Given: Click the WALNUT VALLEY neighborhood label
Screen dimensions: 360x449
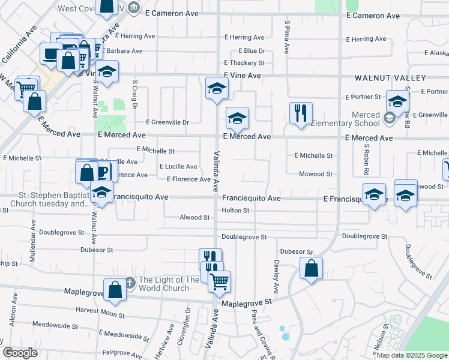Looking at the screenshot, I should (390, 78).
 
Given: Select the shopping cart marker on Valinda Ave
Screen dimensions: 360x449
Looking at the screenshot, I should (220, 280).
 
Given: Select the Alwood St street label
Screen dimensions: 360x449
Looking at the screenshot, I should (194, 217).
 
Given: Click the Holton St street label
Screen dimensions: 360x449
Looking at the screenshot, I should (235, 211).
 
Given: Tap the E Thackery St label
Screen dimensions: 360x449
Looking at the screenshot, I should (244, 63).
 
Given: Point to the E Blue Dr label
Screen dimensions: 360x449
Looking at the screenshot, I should (252, 51).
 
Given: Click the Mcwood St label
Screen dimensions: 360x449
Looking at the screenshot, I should (316, 174).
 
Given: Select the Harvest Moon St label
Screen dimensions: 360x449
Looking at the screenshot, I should (100, 312).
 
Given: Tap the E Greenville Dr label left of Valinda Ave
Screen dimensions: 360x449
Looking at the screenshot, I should (167, 122).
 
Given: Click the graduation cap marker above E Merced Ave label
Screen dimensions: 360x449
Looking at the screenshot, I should (237, 118).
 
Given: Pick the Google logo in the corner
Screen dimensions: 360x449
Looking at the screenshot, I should (20, 353).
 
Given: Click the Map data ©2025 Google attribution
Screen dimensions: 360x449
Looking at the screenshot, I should (412, 355).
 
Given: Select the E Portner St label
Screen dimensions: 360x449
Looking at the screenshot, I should (363, 97).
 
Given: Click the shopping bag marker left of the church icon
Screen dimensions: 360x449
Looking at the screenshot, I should (115, 290).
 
